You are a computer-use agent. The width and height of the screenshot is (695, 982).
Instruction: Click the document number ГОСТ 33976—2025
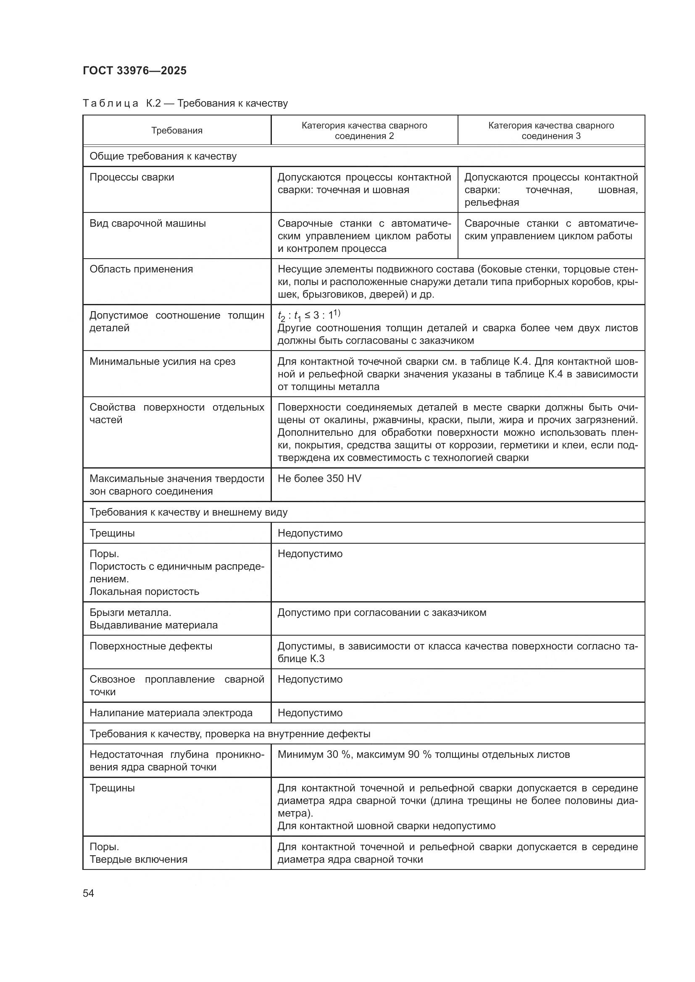pyautogui.click(x=135, y=71)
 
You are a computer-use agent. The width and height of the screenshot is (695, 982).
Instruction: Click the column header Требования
pyautogui.click(x=177, y=131)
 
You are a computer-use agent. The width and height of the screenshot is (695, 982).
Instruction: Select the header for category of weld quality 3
pyautogui.click(x=551, y=131)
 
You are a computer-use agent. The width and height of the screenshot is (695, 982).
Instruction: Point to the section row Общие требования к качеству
pyautogui.click(x=163, y=156)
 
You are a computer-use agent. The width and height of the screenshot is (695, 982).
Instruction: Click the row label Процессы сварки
pyautogui.click(x=132, y=177)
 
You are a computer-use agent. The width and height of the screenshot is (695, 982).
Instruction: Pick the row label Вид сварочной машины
pyautogui.click(x=147, y=223)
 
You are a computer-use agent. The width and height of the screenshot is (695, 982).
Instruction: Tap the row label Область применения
pyautogui.click(x=141, y=269)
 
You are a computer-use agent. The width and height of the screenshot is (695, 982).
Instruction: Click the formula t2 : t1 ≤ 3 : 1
pyautogui.click(x=308, y=316)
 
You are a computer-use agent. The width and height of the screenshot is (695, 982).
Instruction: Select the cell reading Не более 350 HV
pyautogui.click(x=319, y=478)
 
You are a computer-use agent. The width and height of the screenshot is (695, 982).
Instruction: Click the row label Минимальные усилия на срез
pyautogui.click(x=162, y=361)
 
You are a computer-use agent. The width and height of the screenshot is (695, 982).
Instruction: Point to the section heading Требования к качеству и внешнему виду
pyautogui.click(x=188, y=512)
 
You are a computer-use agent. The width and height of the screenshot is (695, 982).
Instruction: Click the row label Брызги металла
pyautogui.click(x=130, y=613)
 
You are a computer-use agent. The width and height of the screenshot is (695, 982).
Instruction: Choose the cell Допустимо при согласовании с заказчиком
pyautogui.click(x=382, y=613)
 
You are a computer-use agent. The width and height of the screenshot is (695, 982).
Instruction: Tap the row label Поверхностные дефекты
pyautogui.click(x=151, y=646)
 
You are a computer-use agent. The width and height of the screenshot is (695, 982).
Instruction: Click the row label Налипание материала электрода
pyautogui.click(x=171, y=713)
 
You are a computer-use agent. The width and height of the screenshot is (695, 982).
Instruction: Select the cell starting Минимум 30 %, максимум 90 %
pyautogui.click(x=423, y=754)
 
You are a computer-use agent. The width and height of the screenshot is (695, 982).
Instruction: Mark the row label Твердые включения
pyautogui.click(x=138, y=859)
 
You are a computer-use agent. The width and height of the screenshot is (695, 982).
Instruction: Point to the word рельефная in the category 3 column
pyautogui.click(x=492, y=202)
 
